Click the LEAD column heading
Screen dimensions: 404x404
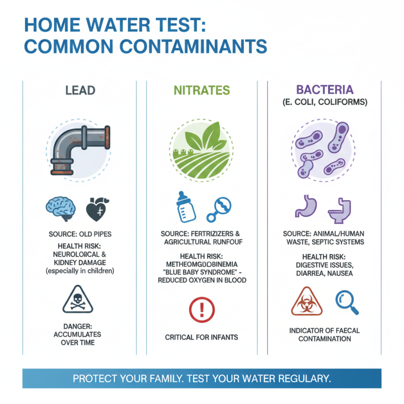80,91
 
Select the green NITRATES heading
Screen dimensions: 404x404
202,91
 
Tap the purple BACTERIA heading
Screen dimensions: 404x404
325,91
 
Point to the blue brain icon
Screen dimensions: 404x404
61,209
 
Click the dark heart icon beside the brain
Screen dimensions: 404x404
96,209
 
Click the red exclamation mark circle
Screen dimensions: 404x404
201,308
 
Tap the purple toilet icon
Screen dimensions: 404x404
339,209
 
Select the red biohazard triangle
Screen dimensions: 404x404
305,301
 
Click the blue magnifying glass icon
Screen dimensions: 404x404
346,301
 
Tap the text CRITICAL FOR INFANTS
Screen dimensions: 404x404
201,337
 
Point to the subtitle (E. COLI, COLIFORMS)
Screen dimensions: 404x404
324,103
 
